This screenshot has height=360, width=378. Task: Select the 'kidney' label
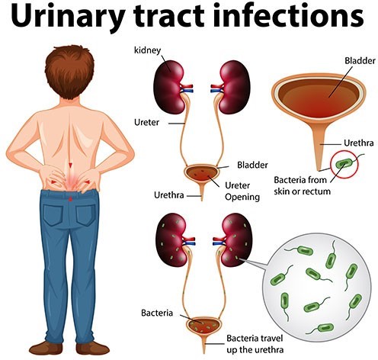pyautogui.click(x=147, y=50)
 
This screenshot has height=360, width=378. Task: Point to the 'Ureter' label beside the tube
pyautogui.click(x=146, y=122)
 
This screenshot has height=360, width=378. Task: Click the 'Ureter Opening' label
pyautogui.click(x=242, y=191)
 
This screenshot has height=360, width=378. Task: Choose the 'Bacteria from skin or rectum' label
pyautogui.click(x=302, y=185)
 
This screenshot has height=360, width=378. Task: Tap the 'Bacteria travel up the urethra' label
pyautogui.click(x=255, y=344)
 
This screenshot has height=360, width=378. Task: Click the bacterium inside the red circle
pyautogui.click(x=345, y=162)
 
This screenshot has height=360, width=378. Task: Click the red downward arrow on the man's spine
pyautogui.click(x=71, y=165)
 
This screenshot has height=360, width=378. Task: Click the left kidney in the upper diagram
pyautogui.click(x=169, y=87)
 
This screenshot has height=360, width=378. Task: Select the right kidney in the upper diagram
pyautogui.click(x=235, y=87)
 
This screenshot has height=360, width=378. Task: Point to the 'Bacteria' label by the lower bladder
pyautogui.click(x=157, y=313)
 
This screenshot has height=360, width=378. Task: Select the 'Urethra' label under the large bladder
pyautogui.click(x=359, y=143)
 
